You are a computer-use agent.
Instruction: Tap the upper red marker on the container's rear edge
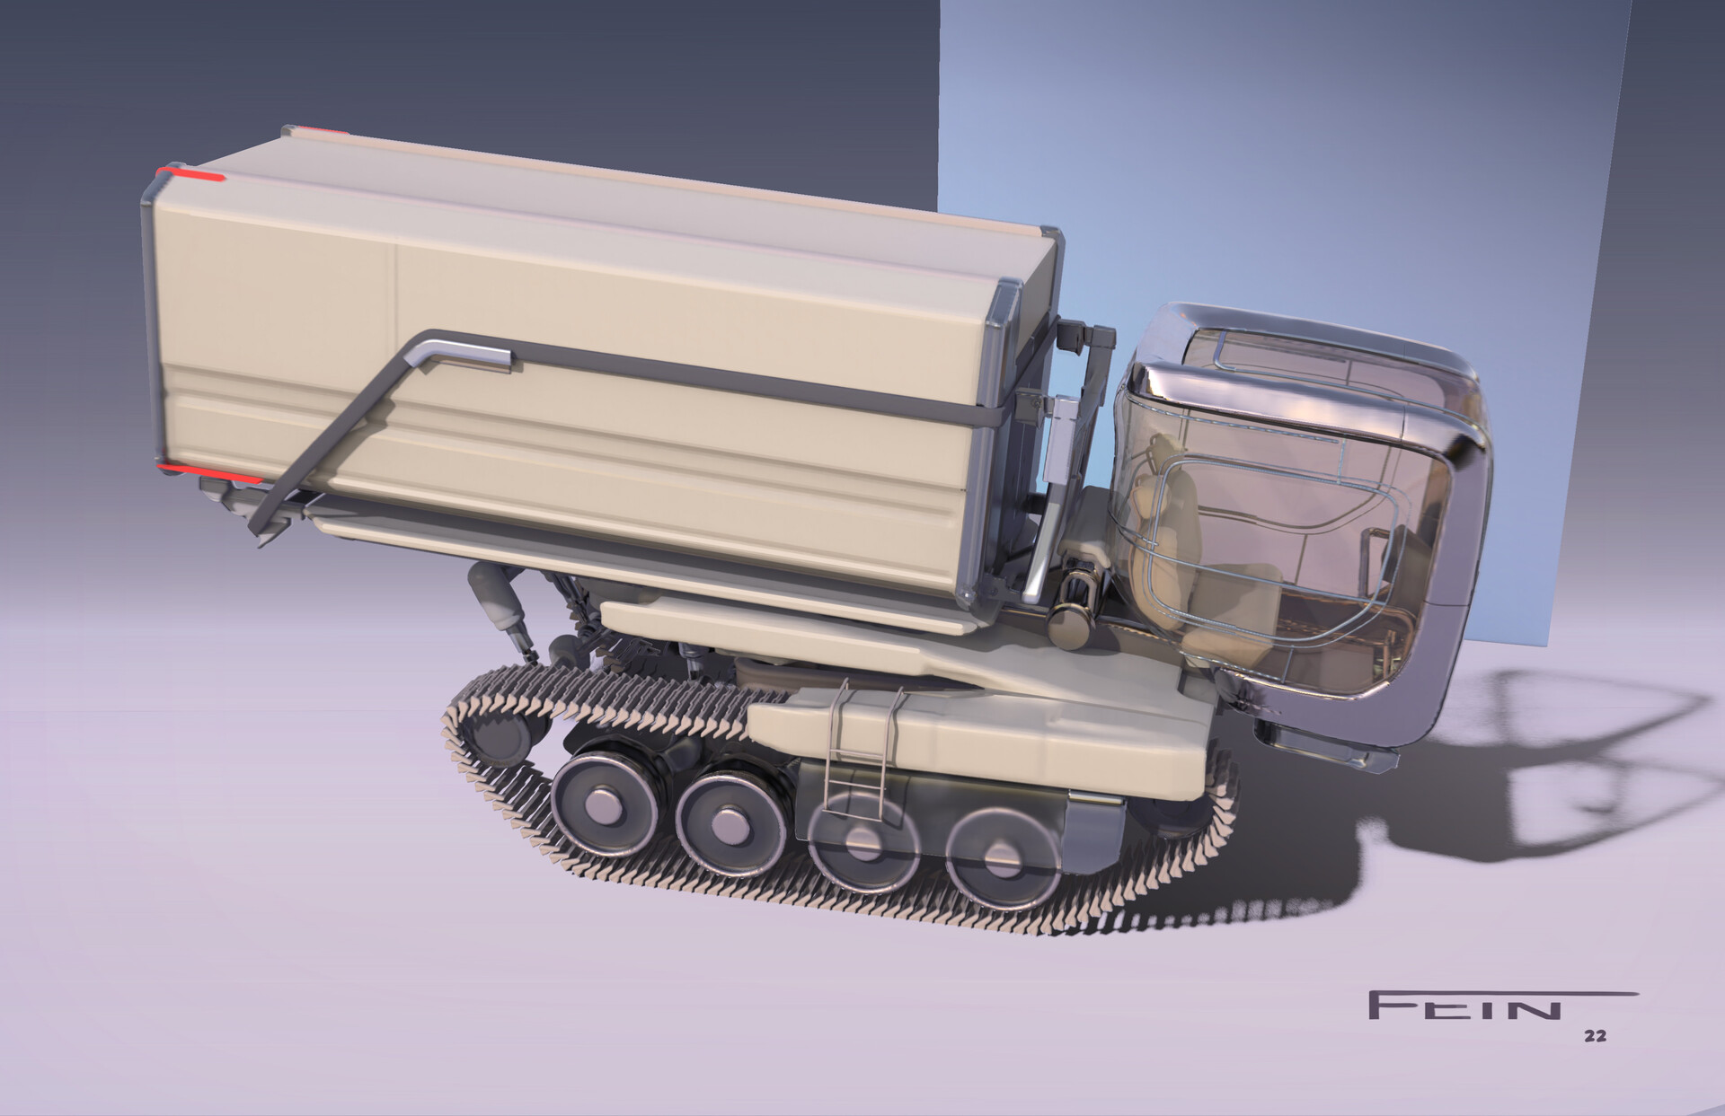[x=191, y=174]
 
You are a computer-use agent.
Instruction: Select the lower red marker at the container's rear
[x=210, y=474]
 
